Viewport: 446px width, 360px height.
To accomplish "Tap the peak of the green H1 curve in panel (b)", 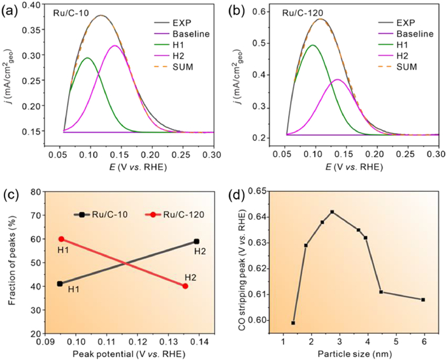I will point(313,45).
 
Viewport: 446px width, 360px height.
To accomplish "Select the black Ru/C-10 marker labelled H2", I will point(197,241).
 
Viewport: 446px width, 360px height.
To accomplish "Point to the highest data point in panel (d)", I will point(332,212).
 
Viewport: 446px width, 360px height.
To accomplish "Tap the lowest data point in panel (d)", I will point(293,323).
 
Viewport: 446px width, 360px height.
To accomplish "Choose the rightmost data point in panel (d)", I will point(423,299).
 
